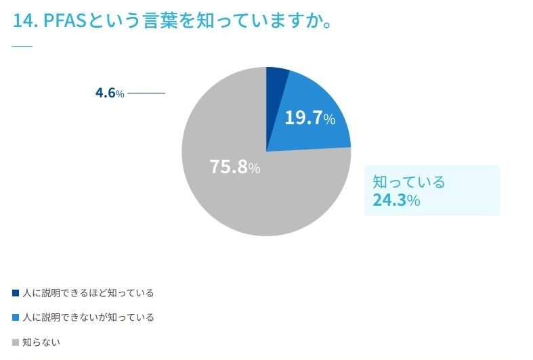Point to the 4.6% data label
tap(110, 93)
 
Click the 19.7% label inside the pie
tap(310, 118)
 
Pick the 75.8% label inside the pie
tap(234, 167)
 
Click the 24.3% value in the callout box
tap(396, 200)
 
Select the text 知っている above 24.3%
tap(409, 181)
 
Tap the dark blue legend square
tap(16, 293)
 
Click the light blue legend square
tap(16, 317)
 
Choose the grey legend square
tap(16, 342)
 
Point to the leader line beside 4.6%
tap(146, 93)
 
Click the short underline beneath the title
tap(22, 46)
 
